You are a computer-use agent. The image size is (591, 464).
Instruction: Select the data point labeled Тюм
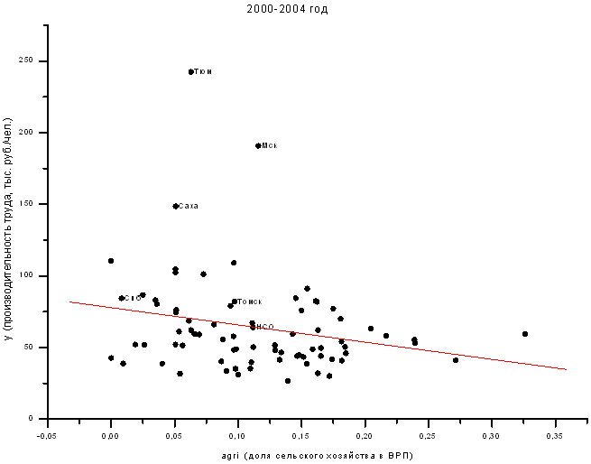coord(191,71)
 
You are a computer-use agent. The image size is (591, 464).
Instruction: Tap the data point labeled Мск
coord(258,145)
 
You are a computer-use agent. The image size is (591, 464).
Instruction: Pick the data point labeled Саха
coord(176,206)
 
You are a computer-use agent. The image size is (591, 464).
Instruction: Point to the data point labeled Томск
coord(235,302)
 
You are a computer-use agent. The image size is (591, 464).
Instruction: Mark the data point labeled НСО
coord(254,327)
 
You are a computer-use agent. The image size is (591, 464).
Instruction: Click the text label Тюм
coord(204,71)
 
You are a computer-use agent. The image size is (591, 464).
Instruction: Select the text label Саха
coord(189,206)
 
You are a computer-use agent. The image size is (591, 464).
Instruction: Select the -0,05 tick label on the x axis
coord(45,435)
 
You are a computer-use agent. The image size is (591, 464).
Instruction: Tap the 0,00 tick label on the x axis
coord(110,435)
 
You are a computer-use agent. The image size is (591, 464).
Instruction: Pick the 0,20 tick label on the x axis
coord(365,435)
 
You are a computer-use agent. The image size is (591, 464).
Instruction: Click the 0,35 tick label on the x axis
coord(555,435)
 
